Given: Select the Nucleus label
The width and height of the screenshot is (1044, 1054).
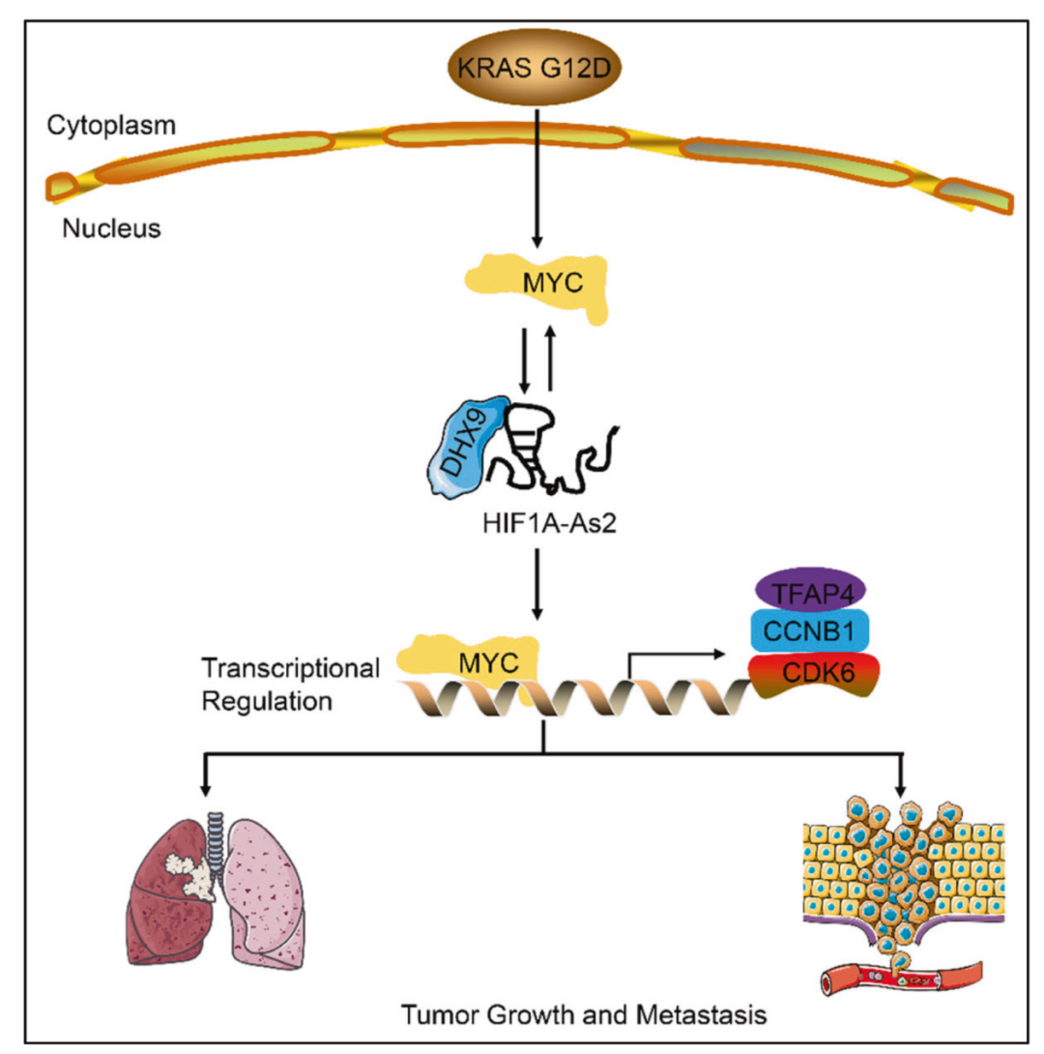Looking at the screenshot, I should point(110,230).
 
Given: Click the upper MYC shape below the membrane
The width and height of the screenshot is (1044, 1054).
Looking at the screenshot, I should point(536,282).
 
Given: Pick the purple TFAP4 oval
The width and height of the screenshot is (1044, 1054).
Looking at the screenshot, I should point(809,591).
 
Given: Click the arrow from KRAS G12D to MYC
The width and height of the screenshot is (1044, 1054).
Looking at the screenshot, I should point(536,174).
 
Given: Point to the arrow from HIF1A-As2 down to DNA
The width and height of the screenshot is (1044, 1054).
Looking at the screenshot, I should point(536,590).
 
